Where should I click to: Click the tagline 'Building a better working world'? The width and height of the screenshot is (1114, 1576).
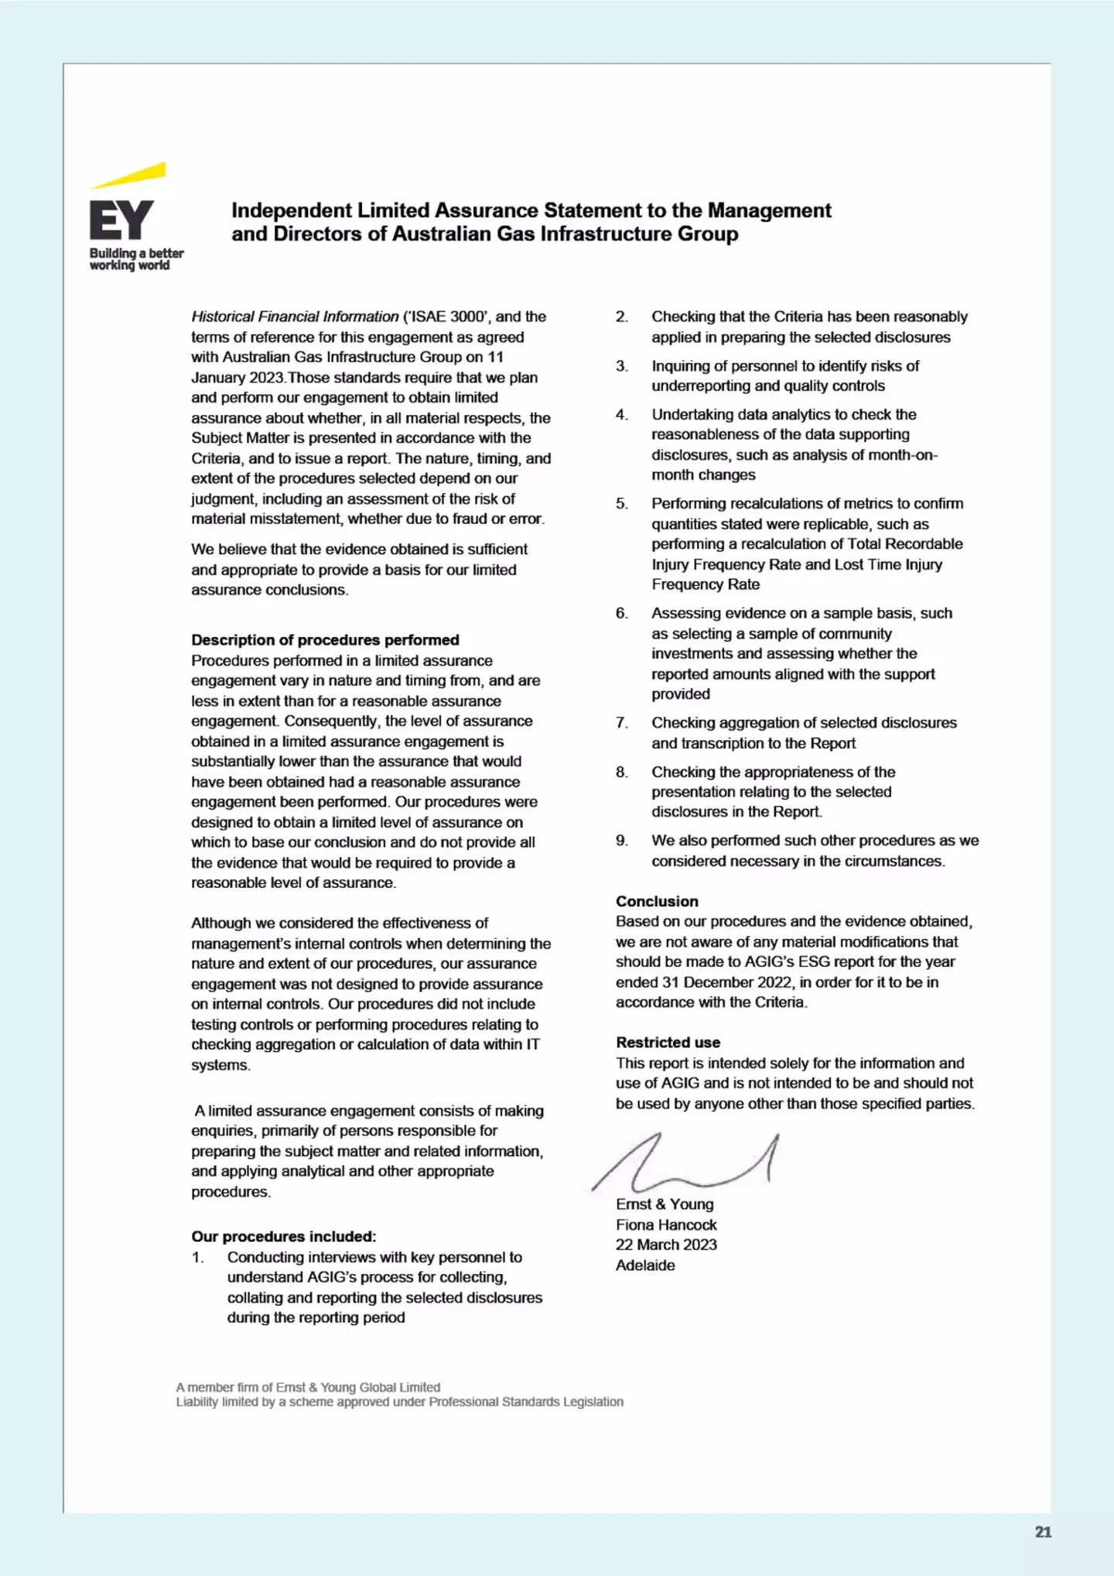[x=136, y=259]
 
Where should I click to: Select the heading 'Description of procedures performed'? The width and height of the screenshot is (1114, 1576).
[x=325, y=640]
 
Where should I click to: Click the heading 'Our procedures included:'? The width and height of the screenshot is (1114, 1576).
[x=284, y=1236]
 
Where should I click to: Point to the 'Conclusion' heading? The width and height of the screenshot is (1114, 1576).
[x=657, y=901]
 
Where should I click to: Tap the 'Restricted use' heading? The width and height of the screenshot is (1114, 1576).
[x=668, y=1043]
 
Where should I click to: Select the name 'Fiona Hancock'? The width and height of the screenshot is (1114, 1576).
[x=666, y=1225]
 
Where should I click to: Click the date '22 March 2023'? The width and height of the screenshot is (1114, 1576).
[x=666, y=1245]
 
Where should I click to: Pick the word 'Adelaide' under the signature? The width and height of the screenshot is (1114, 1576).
[x=645, y=1266]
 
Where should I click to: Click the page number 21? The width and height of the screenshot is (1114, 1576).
[x=1043, y=1532]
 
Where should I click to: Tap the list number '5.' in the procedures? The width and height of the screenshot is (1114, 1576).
[x=622, y=504]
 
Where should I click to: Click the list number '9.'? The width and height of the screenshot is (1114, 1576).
[x=622, y=841]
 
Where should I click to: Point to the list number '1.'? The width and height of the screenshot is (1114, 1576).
[x=198, y=1257]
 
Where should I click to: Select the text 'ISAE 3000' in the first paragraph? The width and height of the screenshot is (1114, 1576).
[x=449, y=317]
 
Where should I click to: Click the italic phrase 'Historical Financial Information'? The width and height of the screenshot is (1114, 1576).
[x=295, y=317]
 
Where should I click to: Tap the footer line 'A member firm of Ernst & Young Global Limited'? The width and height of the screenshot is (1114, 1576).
[x=308, y=1387]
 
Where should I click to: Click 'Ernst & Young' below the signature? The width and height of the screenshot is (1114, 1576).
[x=665, y=1204]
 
